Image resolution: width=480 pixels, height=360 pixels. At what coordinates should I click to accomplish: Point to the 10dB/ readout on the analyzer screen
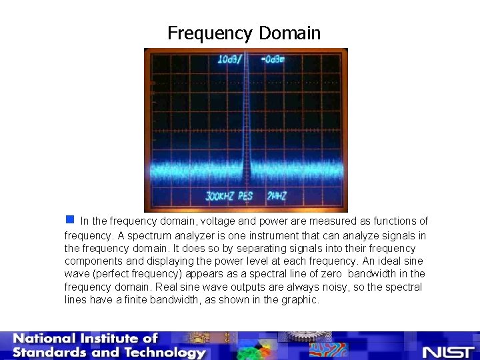(x=231, y=60)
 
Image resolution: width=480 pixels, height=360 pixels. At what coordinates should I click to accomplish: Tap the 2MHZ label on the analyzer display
(x=277, y=197)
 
